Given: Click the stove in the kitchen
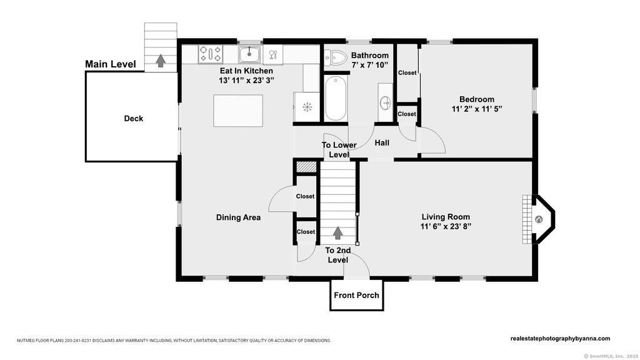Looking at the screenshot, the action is click(210, 54).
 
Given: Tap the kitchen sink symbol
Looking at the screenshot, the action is click(249, 54).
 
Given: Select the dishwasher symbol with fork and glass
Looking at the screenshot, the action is click(273, 55).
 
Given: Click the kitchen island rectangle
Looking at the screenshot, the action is click(238, 111).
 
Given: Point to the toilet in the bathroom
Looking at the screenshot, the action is click(335, 58).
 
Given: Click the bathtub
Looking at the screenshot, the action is click(336, 98).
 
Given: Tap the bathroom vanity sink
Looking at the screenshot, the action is click(385, 103).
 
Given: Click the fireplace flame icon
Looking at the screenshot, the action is click(539, 219).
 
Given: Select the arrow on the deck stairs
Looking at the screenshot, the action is click(161, 61).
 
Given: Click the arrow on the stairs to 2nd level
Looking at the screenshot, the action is click(337, 232).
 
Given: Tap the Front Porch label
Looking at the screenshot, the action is click(356, 295).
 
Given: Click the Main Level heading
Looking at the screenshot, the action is click(110, 64).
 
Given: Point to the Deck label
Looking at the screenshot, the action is click(134, 118).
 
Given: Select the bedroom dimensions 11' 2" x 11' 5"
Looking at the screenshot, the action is click(477, 109).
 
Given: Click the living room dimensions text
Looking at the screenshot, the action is click(446, 226).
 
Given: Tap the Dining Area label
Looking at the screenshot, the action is click(238, 217).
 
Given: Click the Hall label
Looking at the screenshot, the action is click(382, 143).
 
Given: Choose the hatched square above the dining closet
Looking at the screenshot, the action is click(306, 167).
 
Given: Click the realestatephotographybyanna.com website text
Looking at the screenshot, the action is click(561, 338).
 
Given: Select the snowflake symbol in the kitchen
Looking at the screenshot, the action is click(307, 107).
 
